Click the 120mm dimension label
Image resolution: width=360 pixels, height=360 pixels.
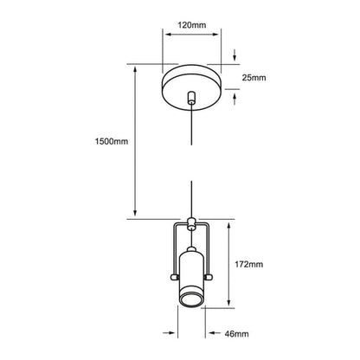click(192, 25)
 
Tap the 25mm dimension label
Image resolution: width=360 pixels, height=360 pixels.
click(254, 78)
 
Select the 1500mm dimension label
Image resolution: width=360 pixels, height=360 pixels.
click(112, 141)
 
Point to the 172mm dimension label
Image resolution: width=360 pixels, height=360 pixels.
click(248, 264)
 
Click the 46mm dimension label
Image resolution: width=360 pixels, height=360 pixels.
click(236, 334)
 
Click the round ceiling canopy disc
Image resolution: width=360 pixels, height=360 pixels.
click(192, 87)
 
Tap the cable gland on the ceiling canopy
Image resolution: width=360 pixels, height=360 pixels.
click(190, 98)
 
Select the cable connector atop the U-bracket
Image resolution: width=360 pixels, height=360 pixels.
click(190, 224)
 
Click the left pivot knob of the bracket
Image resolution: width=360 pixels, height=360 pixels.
click(174, 277)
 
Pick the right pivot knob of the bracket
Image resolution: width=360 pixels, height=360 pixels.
click(208, 277)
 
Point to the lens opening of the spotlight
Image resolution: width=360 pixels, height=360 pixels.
click(190, 299)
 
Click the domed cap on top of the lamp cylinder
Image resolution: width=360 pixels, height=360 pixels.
click(190, 249)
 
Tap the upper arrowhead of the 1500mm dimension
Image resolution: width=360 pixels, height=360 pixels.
click(135, 69)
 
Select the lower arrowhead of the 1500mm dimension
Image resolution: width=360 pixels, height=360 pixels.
click(135, 213)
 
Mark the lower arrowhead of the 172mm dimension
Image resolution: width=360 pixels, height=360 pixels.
click(229, 302)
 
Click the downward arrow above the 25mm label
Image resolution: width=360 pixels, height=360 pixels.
click(235, 55)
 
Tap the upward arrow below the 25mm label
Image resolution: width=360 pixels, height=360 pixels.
click(235, 99)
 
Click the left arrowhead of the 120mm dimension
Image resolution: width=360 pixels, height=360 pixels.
click(169, 35)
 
